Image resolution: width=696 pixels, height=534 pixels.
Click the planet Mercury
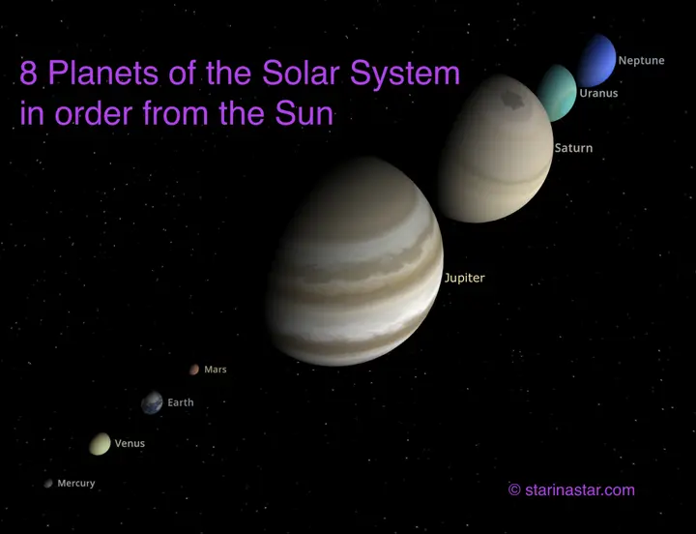click(x=47, y=484)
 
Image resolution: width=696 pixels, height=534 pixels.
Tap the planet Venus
click(x=100, y=443)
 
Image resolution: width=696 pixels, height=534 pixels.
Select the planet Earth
click(x=152, y=402)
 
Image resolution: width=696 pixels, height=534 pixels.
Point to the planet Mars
click(x=194, y=370)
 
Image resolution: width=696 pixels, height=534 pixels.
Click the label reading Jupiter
click(x=464, y=279)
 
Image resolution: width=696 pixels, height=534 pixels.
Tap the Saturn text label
click(x=573, y=149)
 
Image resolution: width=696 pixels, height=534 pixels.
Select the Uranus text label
click(x=598, y=94)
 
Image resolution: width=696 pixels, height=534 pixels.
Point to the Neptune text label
click(x=641, y=61)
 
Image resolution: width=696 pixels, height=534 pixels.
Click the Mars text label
click(x=216, y=370)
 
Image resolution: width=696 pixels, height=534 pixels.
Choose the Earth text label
click(x=181, y=402)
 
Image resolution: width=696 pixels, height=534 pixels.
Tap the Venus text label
click(x=130, y=443)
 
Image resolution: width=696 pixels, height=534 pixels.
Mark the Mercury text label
click(x=76, y=484)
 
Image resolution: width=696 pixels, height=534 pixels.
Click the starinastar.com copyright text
click(x=571, y=490)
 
